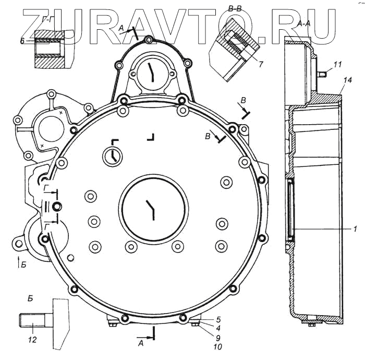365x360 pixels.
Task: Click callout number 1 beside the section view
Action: (x=355, y=229)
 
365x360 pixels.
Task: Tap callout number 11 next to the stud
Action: (x=337, y=64)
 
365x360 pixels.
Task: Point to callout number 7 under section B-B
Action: (x=261, y=64)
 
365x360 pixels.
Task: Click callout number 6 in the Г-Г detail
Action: (x=22, y=41)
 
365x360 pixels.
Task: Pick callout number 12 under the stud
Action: (x=32, y=340)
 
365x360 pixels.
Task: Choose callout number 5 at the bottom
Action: (x=218, y=319)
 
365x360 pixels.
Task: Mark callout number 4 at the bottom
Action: (x=218, y=328)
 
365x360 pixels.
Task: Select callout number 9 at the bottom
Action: (x=218, y=338)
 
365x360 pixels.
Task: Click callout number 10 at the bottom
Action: (x=217, y=347)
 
